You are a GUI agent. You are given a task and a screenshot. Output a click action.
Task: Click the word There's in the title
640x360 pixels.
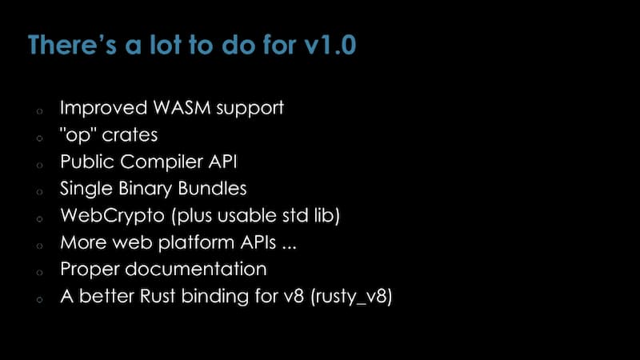click(x=72, y=45)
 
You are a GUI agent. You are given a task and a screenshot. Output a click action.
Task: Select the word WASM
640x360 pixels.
click(x=182, y=108)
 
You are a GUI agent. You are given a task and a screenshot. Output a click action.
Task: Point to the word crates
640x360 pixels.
click(x=130, y=135)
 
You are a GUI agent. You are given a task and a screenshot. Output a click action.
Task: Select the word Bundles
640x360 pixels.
click(x=212, y=189)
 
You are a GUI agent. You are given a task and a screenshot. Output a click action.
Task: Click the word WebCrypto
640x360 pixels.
click(x=113, y=216)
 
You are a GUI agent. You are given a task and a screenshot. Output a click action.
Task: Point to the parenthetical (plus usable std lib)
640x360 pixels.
click(x=255, y=216)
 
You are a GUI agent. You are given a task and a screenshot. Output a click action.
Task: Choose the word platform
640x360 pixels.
click(x=196, y=243)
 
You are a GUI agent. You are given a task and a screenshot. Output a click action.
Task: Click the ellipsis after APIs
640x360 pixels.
click(x=289, y=247)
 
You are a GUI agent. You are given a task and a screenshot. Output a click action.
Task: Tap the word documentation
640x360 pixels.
click(x=196, y=270)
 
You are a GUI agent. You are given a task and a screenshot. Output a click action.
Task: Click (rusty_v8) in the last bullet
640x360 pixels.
click(x=351, y=297)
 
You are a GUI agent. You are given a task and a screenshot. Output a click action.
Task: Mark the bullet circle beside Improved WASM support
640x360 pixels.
click(x=39, y=111)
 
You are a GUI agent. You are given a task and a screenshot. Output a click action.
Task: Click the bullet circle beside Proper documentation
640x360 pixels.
click(x=39, y=272)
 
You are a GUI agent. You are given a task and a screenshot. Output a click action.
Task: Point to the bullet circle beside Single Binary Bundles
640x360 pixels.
click(x=39, y=191)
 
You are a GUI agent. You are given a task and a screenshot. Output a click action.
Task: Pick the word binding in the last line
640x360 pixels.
click(x=215, y=297)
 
